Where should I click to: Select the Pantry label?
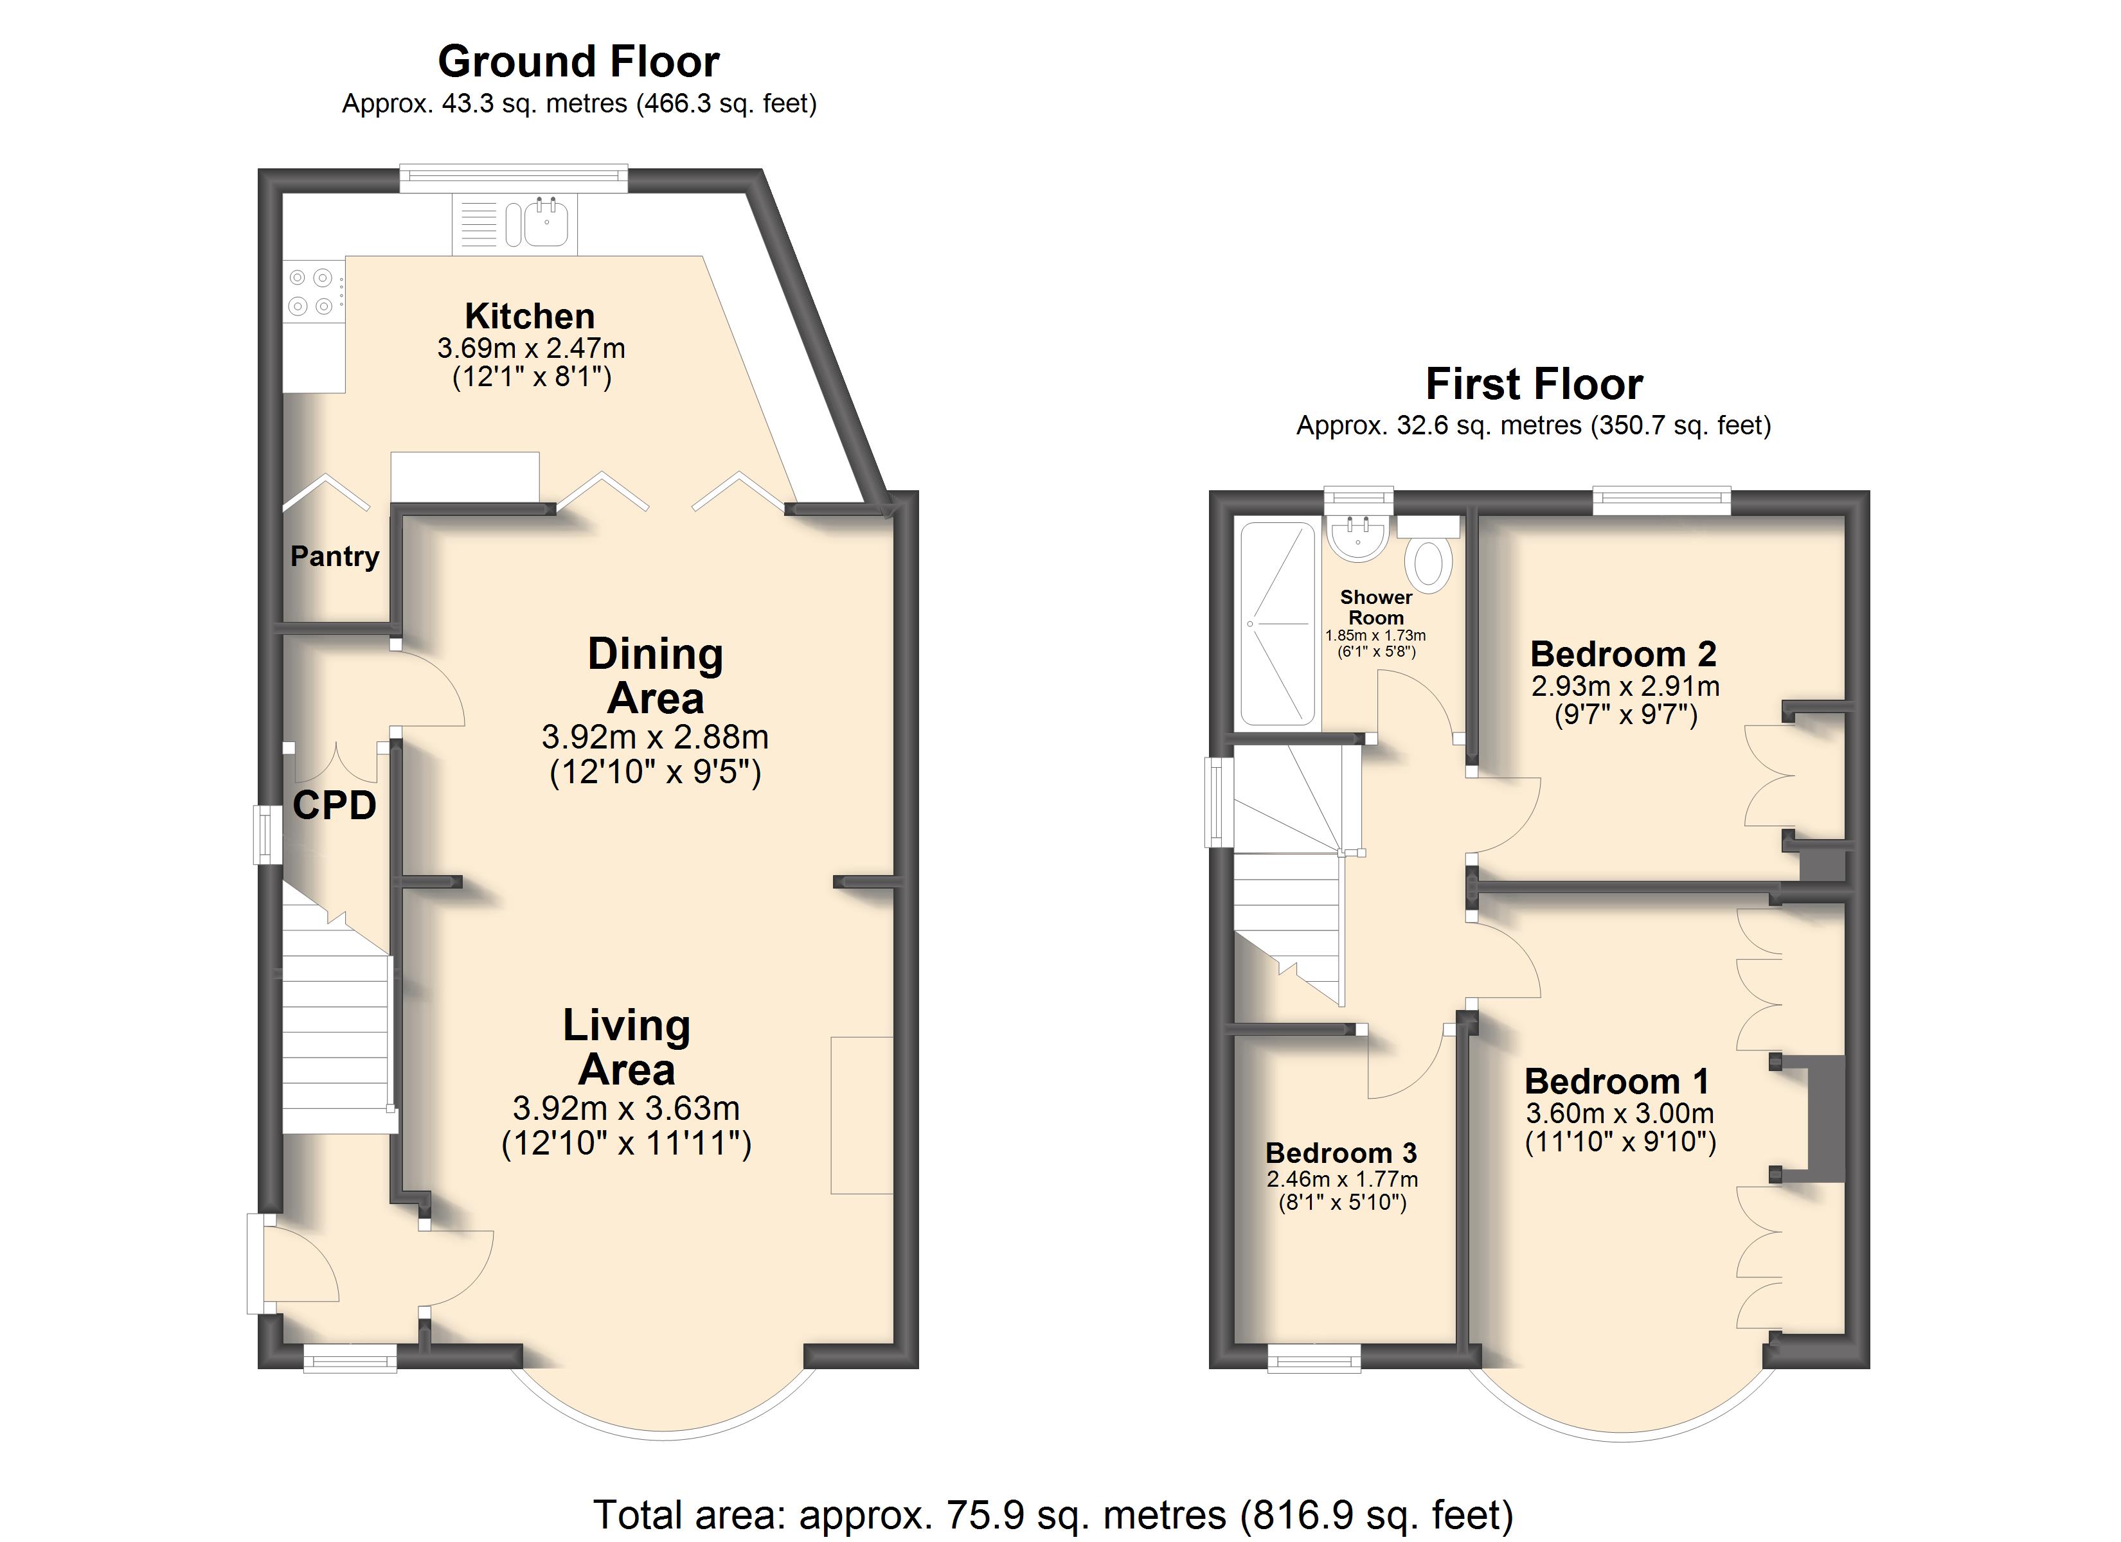(x=335, y=556)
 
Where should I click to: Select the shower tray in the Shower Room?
(x=1278, y=624)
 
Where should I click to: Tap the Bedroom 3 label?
(x=1341, y=1153)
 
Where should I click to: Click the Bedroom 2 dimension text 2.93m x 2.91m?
(x=1625, y=686)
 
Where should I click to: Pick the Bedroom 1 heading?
(x=1617, y=1082)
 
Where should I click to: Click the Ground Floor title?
(x=579, y=62)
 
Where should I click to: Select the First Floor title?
(x=1534, y=384)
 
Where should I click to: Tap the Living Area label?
(x=627, y=1047)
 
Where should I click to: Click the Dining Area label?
(x=656, y=676)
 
